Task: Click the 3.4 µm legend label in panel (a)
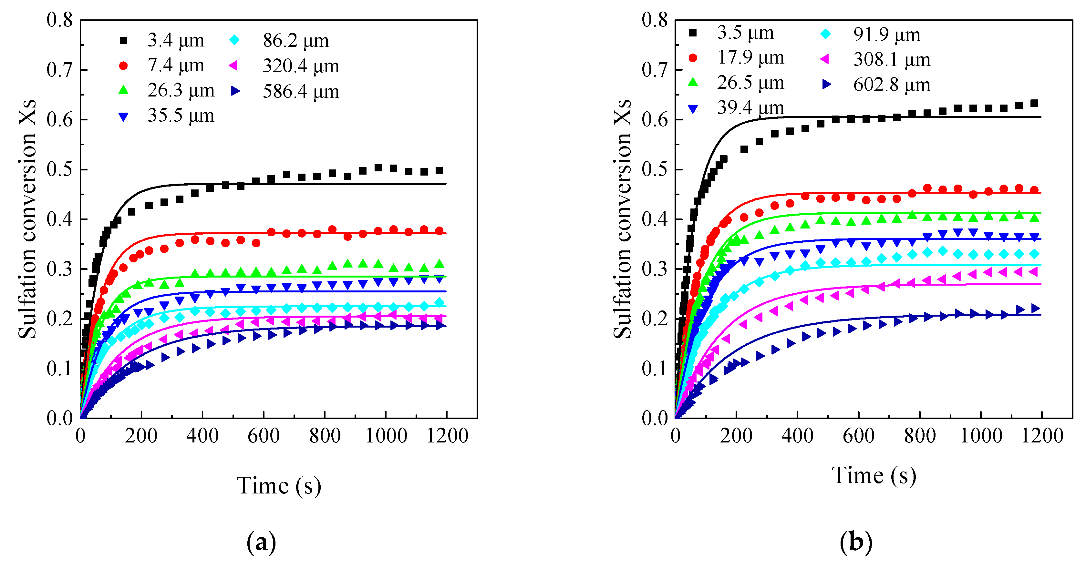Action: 175,40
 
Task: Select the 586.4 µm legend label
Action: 301,91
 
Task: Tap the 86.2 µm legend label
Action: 295,40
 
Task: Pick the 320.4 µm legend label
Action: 301,66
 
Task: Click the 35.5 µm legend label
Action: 181,116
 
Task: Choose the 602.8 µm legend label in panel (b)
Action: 891,85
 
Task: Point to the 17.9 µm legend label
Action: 750,58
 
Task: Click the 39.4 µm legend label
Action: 750,108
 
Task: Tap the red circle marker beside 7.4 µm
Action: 123,66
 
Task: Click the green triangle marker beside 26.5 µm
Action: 693,83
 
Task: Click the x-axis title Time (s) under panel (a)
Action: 279,486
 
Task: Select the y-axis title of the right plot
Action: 622,219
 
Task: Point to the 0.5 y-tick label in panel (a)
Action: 59,169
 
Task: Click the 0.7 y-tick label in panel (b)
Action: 655,70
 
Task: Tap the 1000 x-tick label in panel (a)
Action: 386,436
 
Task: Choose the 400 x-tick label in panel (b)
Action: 797,436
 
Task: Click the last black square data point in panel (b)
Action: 1034,104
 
